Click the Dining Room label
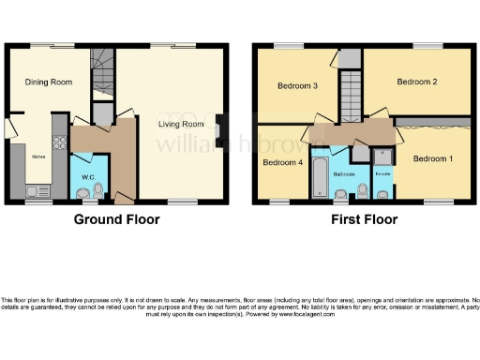coord(49,82)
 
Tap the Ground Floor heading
coord(117,219)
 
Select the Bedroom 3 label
coord(298,87)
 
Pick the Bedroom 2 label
coord(417,82)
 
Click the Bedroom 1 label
coord(433,157)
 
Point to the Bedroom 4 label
coord(282,161)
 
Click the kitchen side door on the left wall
coord(9,127)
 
